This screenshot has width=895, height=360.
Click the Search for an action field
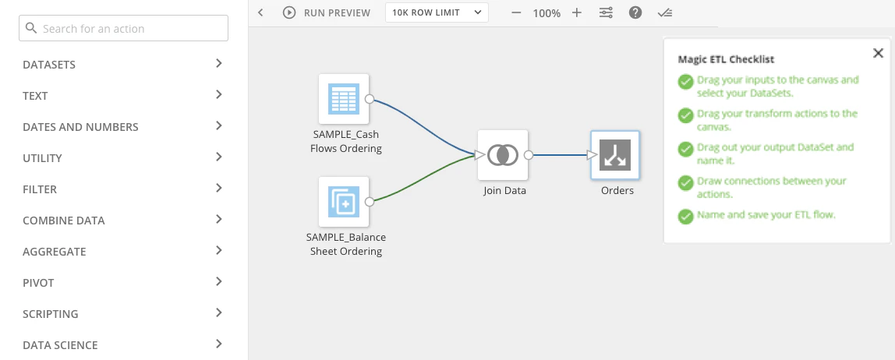123,28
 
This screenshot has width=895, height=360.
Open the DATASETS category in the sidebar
49,65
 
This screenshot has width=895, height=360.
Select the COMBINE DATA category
64,221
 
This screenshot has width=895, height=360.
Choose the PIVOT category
37,282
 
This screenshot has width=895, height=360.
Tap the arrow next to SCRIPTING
218,312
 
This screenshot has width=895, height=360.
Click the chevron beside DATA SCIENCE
218,344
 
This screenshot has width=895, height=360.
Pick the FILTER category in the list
40,189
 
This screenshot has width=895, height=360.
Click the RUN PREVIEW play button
289,12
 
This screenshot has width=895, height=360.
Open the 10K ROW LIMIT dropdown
437,12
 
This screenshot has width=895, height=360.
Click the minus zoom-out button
517,12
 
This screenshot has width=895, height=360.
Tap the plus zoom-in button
577,12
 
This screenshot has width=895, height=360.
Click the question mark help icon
635,12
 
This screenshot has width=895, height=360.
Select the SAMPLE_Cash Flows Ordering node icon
344,99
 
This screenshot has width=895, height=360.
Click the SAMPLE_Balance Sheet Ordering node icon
344,201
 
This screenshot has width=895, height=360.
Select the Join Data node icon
503,154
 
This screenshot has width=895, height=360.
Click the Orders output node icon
615,154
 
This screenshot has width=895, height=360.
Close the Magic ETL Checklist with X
879,53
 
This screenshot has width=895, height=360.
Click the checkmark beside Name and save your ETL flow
685,217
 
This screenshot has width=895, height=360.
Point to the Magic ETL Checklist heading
726,58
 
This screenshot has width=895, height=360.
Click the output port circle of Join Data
529,154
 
